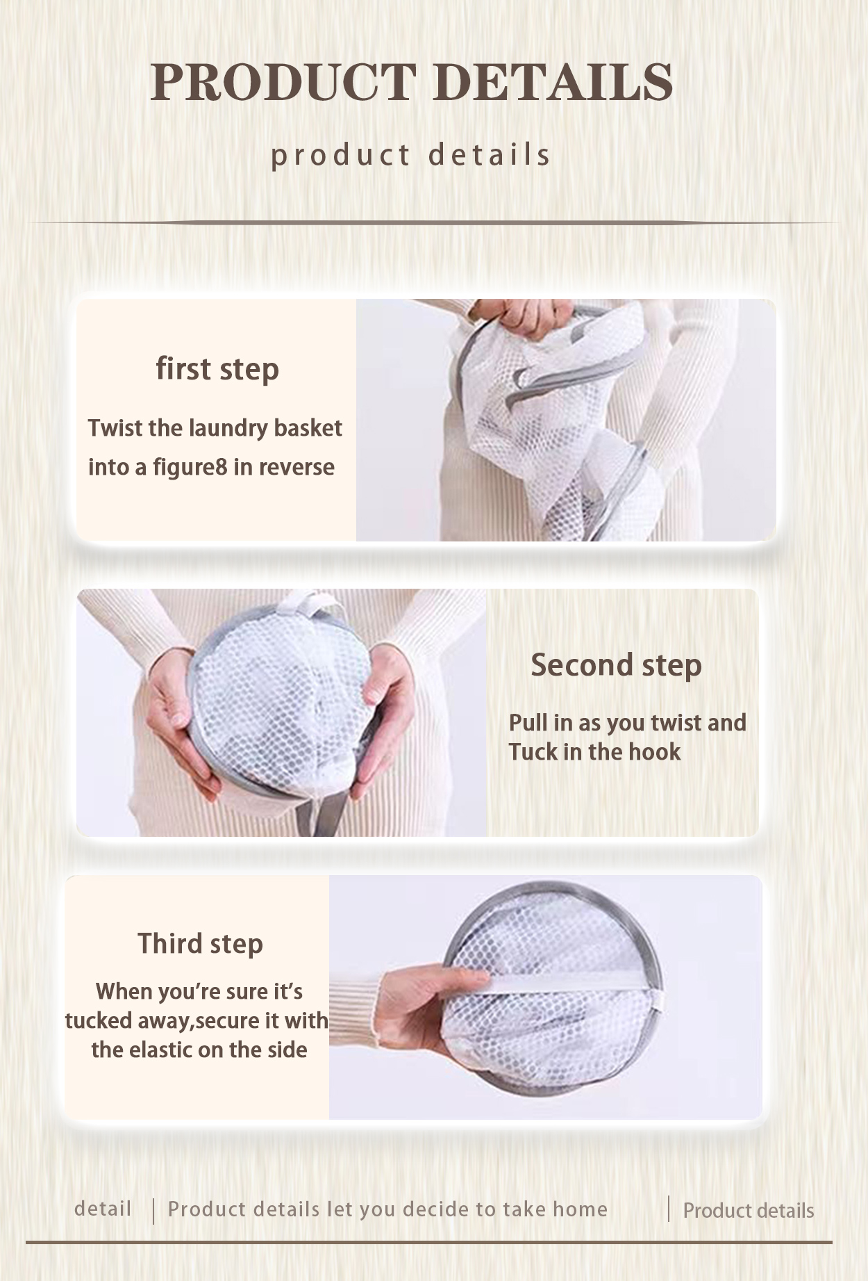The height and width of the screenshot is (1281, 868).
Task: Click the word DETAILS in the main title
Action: click(x=556, y=82)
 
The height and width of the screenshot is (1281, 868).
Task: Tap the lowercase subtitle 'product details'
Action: click(x=410, y=155)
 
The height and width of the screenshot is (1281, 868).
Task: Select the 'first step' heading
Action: click(x=217, y=368)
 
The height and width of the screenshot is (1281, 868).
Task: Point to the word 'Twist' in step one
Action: click(x=115, y=427)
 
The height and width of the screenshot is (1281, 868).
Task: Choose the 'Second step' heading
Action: click(x=617, y=664)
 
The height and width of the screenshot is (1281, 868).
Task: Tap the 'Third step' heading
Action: click(x=200, y=943)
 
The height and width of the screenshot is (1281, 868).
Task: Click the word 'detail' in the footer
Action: click(x=103, y=1209)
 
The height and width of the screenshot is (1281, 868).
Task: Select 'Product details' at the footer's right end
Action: click(x=749, y=1210)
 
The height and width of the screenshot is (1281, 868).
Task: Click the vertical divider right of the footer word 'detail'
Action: click(x=153, y=1210)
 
